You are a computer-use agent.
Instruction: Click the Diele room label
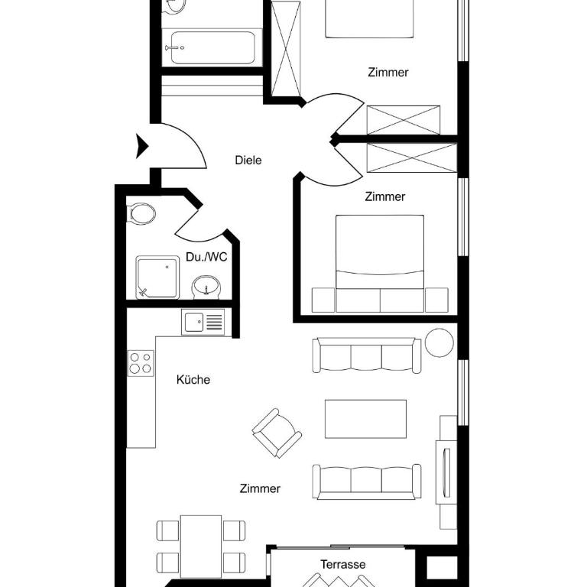coord(248,161)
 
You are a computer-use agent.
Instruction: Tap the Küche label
coord(193,380)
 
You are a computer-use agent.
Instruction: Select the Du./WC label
coord(206,257)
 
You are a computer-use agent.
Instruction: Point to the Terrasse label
coord(343,564)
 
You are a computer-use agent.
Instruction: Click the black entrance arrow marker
coord(142,146)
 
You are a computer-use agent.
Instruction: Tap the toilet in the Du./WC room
coord(141,214)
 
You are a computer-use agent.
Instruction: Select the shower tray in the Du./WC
coord(157,277)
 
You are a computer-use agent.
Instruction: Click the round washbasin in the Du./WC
coord(206,287)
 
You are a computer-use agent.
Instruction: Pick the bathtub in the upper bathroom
coord(212,47)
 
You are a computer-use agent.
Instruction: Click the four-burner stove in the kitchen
coord(141,363)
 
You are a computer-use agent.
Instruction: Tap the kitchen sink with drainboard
coord(203,322)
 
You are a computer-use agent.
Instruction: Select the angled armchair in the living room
coord(277,433)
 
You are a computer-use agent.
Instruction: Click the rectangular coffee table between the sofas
coord(366,419)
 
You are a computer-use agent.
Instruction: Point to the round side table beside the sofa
coord(439,342)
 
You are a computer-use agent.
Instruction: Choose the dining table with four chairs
coord(201,546)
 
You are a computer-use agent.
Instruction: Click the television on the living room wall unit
coord(446,472)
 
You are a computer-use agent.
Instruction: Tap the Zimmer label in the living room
coord(260,488)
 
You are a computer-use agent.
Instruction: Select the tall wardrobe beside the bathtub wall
coord(286,49)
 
